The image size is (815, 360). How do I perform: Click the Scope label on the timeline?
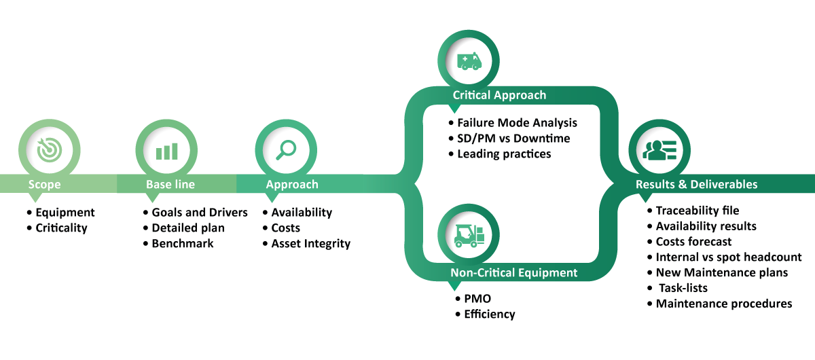(x=44, y=185)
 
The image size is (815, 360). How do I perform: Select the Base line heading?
(x=170, y=185)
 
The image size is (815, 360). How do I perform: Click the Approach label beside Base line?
(x=292, y=185)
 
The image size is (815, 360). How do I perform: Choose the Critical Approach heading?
(x=499, y=95)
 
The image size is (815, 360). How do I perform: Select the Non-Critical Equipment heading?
(x=513, y=273)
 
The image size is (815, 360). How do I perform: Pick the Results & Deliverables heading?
(x=696, y=185)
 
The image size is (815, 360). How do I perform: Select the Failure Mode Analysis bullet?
(x=516, y=123)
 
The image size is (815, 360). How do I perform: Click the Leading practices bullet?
(x=503, y=154)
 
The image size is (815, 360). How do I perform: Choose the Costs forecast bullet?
(x=693, y=241)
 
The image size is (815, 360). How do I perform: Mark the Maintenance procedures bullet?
(x=724, y=304)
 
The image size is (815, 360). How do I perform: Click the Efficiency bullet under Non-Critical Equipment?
(x=489, y=314)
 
